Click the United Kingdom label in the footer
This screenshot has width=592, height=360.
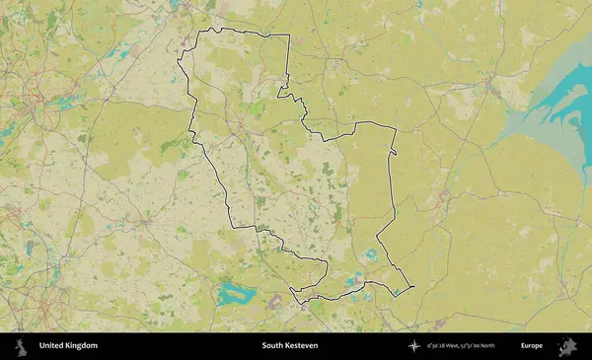point(68,346)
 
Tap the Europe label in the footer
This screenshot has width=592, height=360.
point(532,346)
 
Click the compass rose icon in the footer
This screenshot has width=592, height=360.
point(414,346)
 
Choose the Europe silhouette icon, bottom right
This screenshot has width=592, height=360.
point(567,346)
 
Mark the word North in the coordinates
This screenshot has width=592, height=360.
point(506,346)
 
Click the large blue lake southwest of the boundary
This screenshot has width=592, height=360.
point(236,293)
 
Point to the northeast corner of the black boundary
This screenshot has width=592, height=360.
point(289,36)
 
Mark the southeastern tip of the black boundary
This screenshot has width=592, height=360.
point(411,287)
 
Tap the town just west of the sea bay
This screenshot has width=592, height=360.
point(502,93)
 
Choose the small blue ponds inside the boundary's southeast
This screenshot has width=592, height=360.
point(371,254)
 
